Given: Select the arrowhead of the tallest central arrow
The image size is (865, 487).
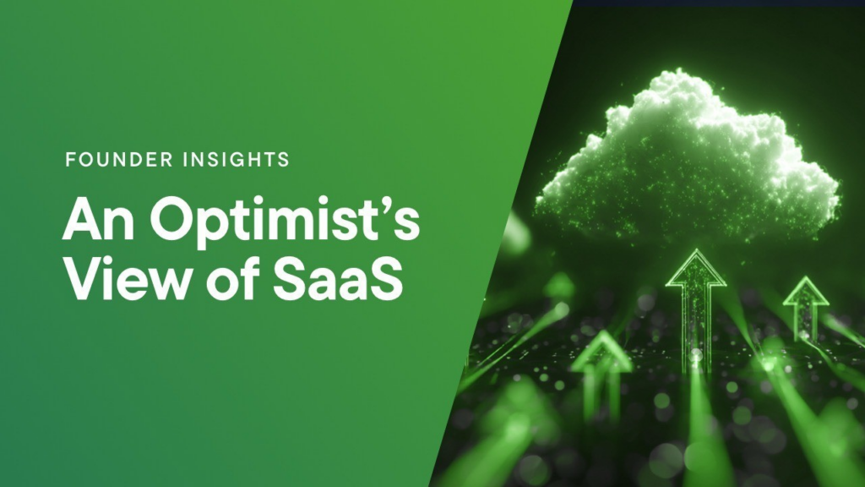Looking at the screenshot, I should (x=695, y=268).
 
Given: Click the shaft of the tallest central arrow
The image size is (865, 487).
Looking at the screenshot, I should (x=694, y=326).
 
